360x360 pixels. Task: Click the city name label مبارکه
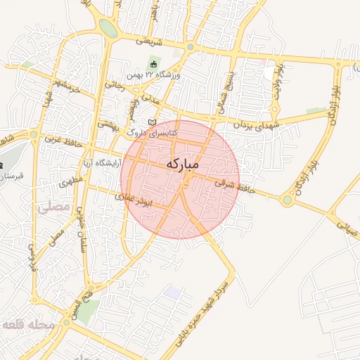(183, 164)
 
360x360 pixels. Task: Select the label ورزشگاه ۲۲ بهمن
(154, 75)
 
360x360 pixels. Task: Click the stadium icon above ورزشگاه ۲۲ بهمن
(153, 65)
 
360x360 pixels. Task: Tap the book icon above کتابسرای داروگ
(153, 122)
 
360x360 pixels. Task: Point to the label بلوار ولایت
(278, 79)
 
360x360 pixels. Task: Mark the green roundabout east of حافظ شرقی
(287, 201)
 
